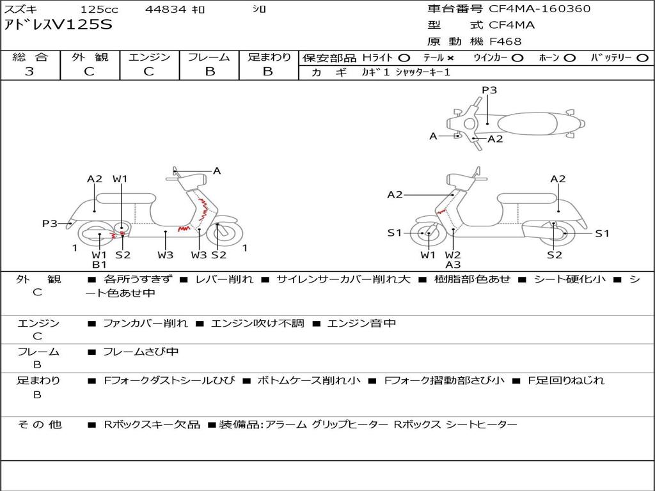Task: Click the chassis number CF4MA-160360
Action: click(540, 9)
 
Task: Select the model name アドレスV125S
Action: click(58, 25)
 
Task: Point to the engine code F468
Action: click(505, 42)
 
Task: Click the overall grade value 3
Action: click(29, 72)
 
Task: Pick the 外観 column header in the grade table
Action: click(90, 57)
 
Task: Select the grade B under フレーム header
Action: click(210, 72)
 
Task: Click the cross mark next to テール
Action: click(450, 58)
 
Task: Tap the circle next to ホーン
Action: click(569, 58)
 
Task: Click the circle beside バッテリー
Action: click(642, 58)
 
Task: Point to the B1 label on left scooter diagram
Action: click(99, 264)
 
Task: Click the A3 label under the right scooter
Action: click(453, 264)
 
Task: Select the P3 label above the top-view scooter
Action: click(489, 90)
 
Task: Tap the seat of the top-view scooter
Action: click(527, 124)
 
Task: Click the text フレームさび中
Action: click(141, 352)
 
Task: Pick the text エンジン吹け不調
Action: click(257, 323)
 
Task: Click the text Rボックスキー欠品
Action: click(152, 425)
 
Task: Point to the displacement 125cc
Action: click(99, 9)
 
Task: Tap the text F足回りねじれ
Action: click(566, 381)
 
